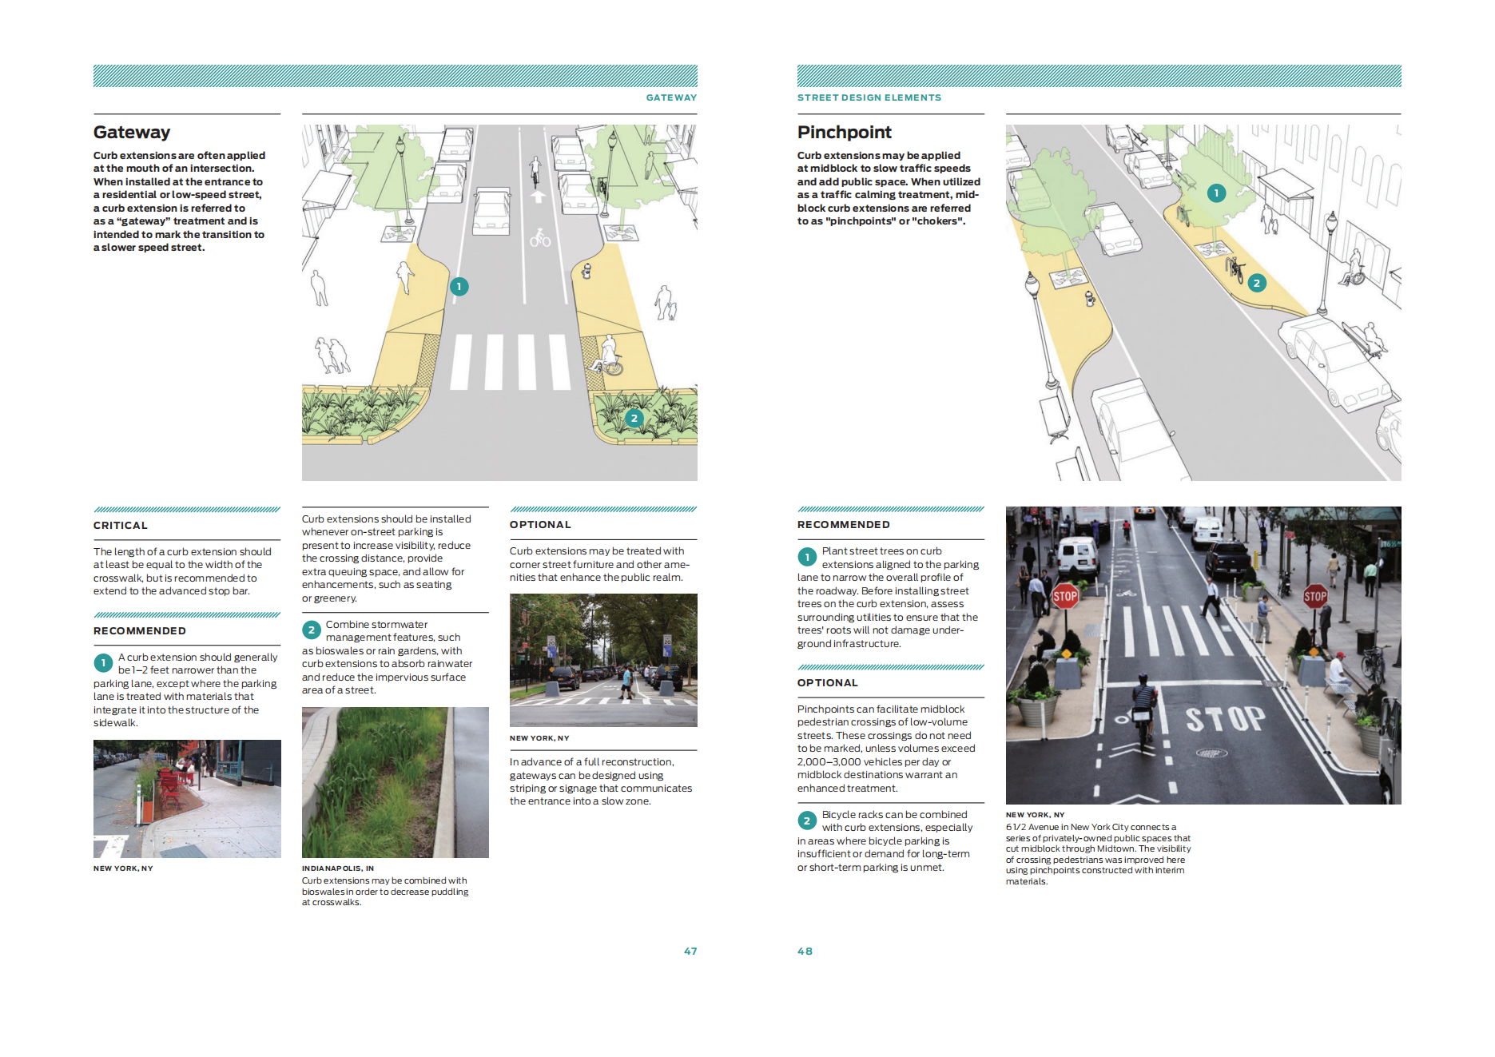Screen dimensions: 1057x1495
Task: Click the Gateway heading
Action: (132, 133)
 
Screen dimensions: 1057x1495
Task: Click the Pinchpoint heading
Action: (844, 133)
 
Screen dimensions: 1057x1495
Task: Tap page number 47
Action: (690, 952)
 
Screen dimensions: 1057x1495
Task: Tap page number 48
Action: (805, 952)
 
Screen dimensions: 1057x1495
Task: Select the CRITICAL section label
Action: (121, 526)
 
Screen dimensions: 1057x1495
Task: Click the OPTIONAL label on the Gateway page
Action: (540, 525)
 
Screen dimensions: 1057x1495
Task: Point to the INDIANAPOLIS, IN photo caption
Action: (338, 868)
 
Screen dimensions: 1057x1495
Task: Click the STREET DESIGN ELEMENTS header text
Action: (869, 97)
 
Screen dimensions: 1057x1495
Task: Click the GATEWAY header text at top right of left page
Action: (671, 97)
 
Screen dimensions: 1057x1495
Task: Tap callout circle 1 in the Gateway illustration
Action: (459, 286)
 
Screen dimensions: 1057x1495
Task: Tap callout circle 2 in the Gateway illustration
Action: (634, 418)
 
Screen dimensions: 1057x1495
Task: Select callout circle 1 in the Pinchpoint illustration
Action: (1216, 193)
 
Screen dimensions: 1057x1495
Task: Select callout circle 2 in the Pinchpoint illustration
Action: (1256, 283)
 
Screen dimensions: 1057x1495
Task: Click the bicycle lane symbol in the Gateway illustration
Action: (540, 237)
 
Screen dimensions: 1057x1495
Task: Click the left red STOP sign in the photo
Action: (1064, 596)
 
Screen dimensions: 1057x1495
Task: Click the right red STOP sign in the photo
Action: (1315, 596)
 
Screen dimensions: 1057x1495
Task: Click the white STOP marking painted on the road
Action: (1225, 718)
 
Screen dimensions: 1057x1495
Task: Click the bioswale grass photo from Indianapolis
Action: (395, 782)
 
